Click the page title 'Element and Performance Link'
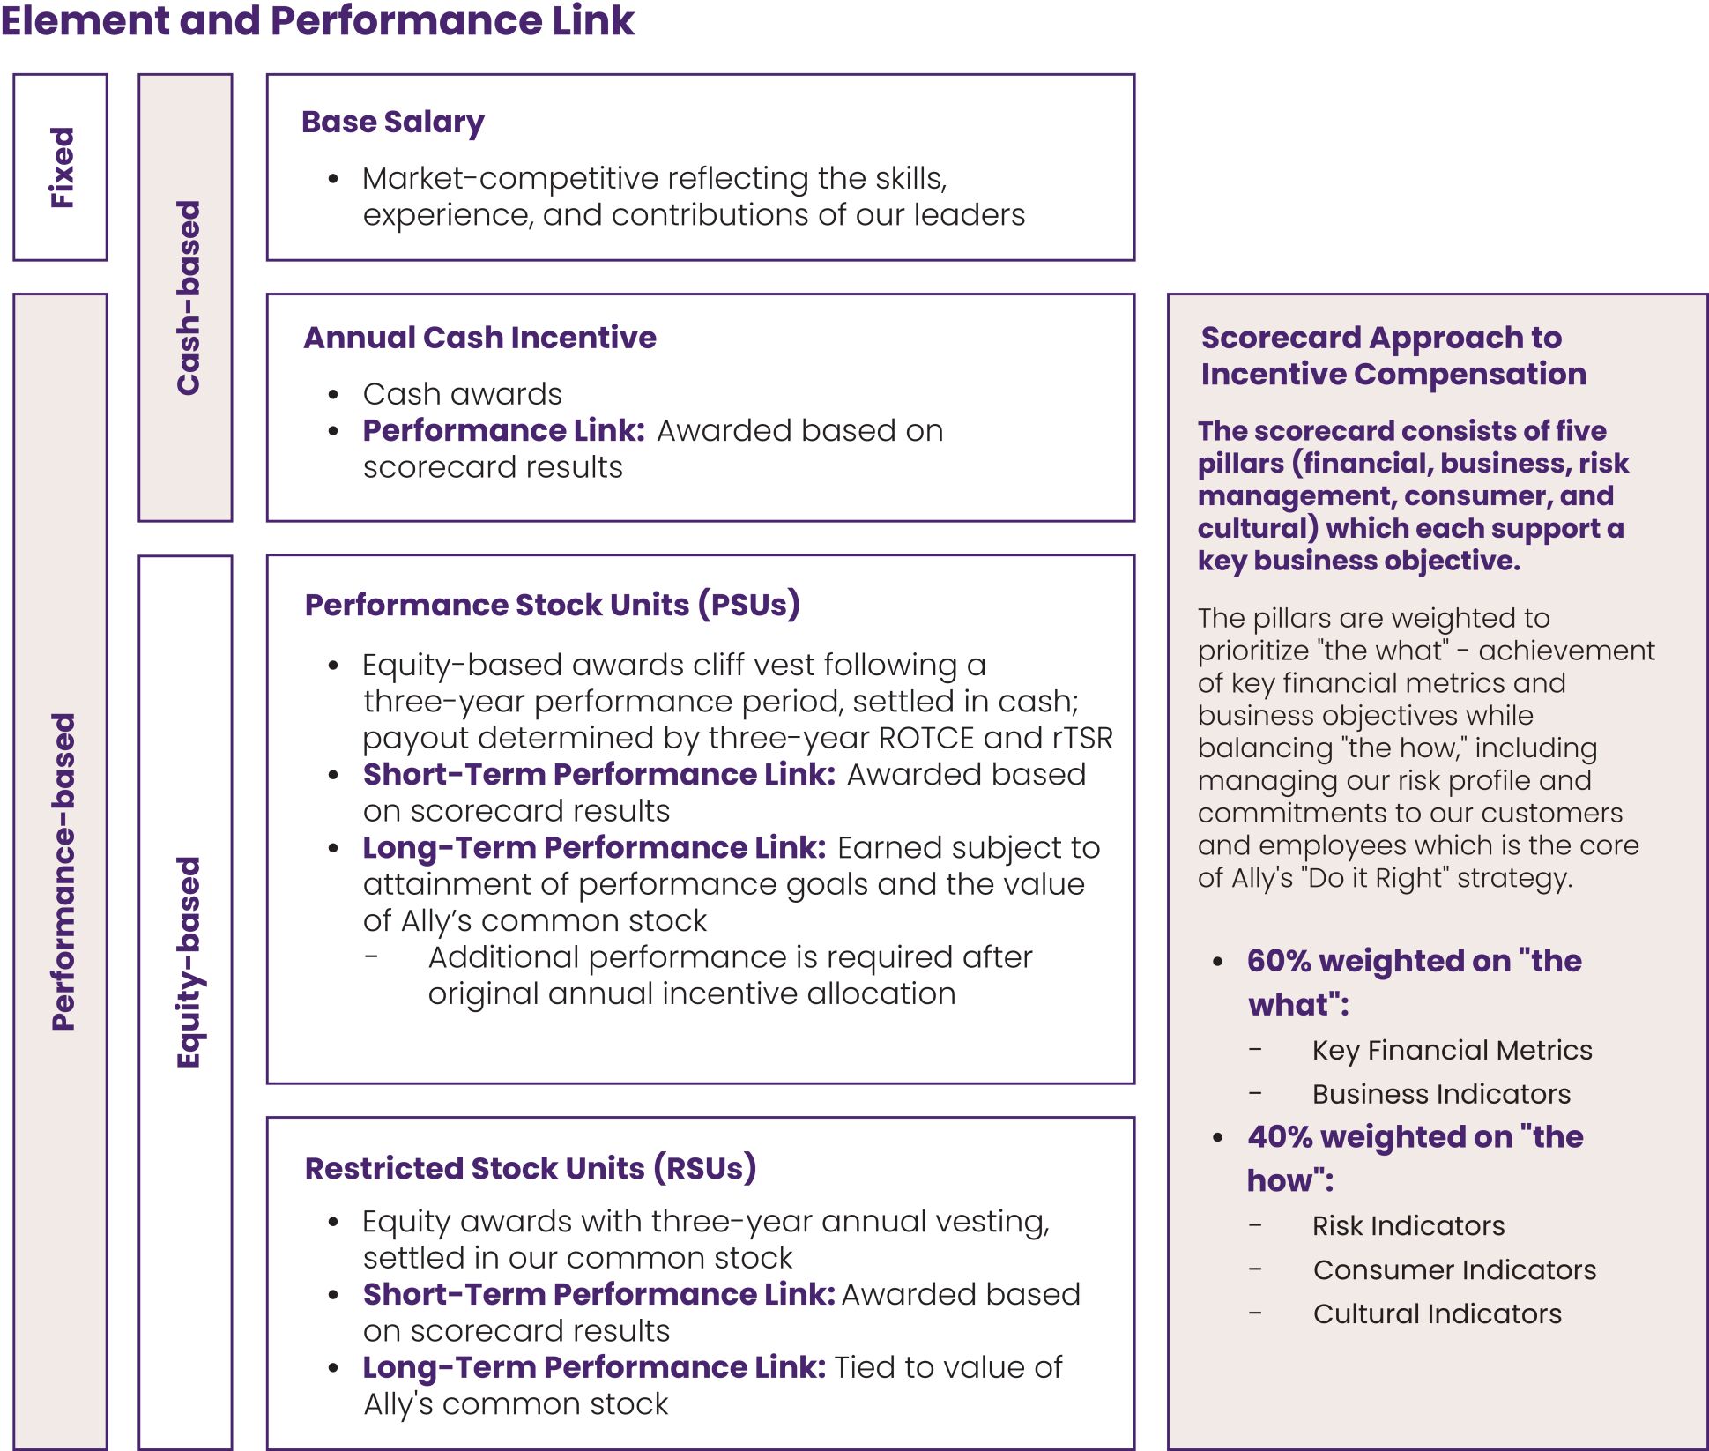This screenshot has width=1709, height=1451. click(317, 21)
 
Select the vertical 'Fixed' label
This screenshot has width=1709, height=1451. click(62, 167)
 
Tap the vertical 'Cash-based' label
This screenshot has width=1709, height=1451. click(188, 298)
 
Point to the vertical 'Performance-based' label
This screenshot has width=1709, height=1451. click(63, 871)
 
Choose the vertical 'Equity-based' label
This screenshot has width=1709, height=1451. click(188, 962)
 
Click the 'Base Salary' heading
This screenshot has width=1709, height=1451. click(393, 122)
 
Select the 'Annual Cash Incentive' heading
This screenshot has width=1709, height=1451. click(480, 338)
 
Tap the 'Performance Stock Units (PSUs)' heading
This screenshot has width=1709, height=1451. click(553, 605)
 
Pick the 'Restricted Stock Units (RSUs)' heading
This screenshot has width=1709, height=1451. click(531, 1168)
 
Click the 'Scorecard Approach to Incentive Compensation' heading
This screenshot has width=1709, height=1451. click(1393, 355)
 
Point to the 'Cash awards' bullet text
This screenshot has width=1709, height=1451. click(463, 394)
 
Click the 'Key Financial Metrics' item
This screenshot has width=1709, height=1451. click(1452, 1050)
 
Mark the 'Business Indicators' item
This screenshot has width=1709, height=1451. click(1441, 1094)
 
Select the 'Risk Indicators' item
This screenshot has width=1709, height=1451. click(1408, 1225)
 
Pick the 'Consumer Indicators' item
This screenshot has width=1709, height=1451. click(1454, 1269)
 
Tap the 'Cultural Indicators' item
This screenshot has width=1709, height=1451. click(1437, 1313)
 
